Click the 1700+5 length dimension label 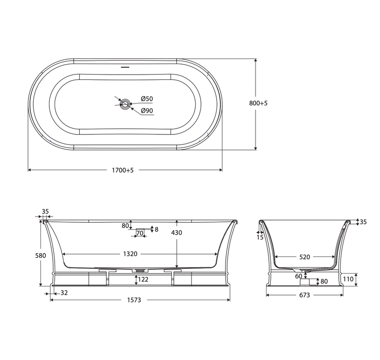123,170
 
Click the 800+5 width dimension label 258,103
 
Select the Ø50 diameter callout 147,99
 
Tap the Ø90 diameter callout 147,111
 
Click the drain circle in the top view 125,104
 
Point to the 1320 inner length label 130,254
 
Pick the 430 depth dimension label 176,233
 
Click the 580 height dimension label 40,256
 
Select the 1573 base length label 134,300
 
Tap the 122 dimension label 143,280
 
